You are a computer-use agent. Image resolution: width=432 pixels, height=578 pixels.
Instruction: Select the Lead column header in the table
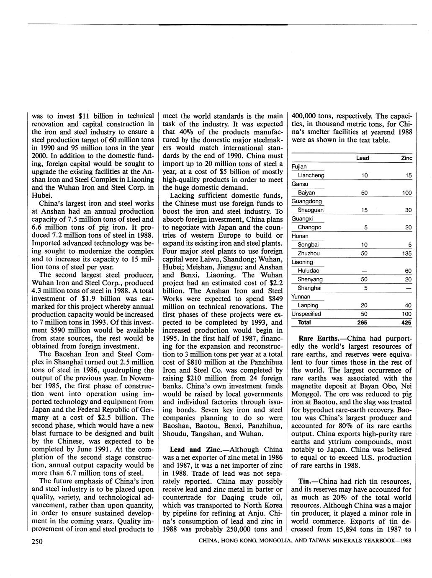(x=363, y=158)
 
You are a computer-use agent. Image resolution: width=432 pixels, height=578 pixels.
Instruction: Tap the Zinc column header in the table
(x=406, y=158)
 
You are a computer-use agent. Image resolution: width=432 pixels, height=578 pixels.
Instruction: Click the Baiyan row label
(x=306, y=193)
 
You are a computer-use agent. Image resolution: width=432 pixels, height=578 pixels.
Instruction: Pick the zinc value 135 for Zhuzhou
(x=406, y=254)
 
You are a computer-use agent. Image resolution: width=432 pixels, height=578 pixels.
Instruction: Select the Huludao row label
(x=308, y=271)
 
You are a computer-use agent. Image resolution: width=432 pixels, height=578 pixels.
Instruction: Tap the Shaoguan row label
(x=310, y=210)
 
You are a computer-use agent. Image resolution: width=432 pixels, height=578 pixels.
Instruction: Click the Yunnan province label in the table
(x=300, y=297)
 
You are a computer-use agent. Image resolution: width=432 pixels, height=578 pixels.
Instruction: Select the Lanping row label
(x=308, y=306)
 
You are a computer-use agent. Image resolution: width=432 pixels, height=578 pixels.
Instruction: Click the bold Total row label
(x=304, y=323)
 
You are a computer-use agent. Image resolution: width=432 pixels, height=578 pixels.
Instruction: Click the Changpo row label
(x=309, y=228)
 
